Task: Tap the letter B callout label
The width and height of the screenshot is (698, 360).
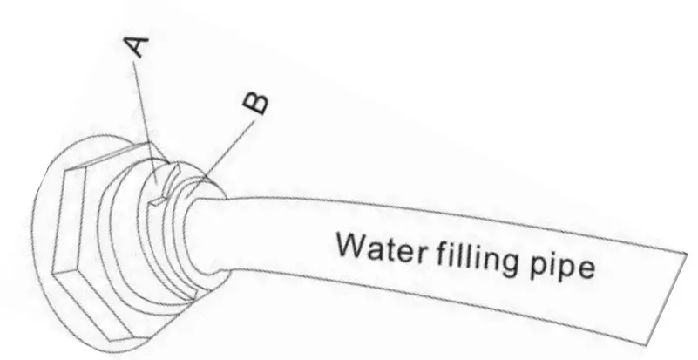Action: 254,104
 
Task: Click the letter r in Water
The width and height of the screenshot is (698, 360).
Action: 418,253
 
